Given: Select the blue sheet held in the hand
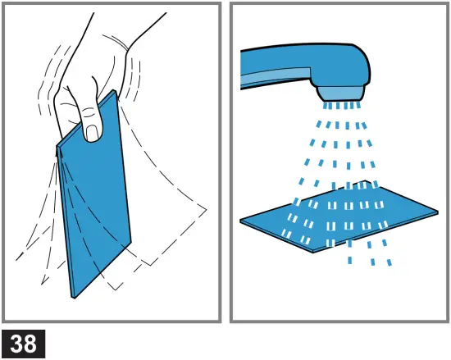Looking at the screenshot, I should coord(94,205).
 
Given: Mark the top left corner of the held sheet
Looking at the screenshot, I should coord(57,148).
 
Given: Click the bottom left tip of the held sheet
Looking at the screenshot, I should coord(74,295).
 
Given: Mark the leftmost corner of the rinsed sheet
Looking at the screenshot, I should coord(241,221).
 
